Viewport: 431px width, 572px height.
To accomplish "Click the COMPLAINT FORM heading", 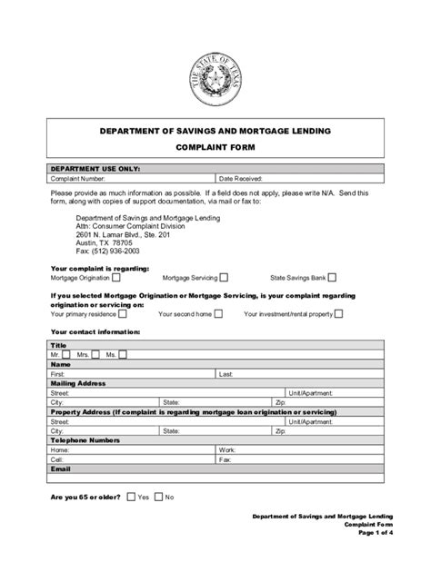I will [215, 146].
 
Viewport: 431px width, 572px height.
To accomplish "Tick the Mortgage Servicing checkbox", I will [223, 278].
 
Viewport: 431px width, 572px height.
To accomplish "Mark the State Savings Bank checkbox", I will [332, 278].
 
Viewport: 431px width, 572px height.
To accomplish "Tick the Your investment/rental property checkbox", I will [338, 314].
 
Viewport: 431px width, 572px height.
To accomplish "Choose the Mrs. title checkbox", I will [96, 354].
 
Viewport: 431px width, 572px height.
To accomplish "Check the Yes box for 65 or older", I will [131, 498].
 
